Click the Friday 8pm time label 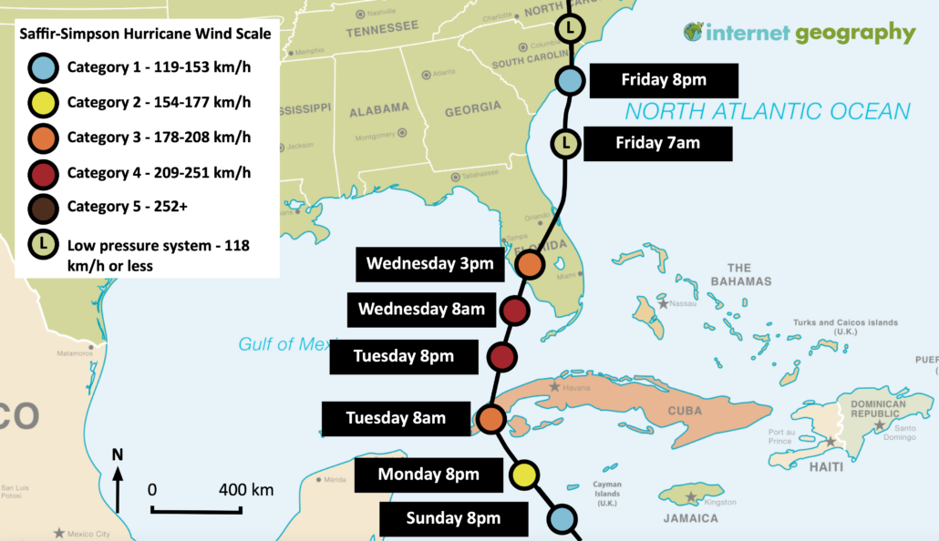pos(664,80)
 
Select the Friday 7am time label pos(657,143)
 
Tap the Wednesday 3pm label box pos(429,264)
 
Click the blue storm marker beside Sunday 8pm pos(562,519)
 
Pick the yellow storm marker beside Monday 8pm pos(524,475)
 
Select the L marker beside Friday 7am pos(565,143)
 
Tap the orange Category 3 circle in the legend pos(45,138)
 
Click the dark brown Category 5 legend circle pos(45,207)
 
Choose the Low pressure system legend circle pos(45,246)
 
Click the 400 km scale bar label pos(246,490)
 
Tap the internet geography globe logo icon pos(694,33)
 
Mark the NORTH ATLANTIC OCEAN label pos(767,111)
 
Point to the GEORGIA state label pos(472,108)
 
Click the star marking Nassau pos(664,303)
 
